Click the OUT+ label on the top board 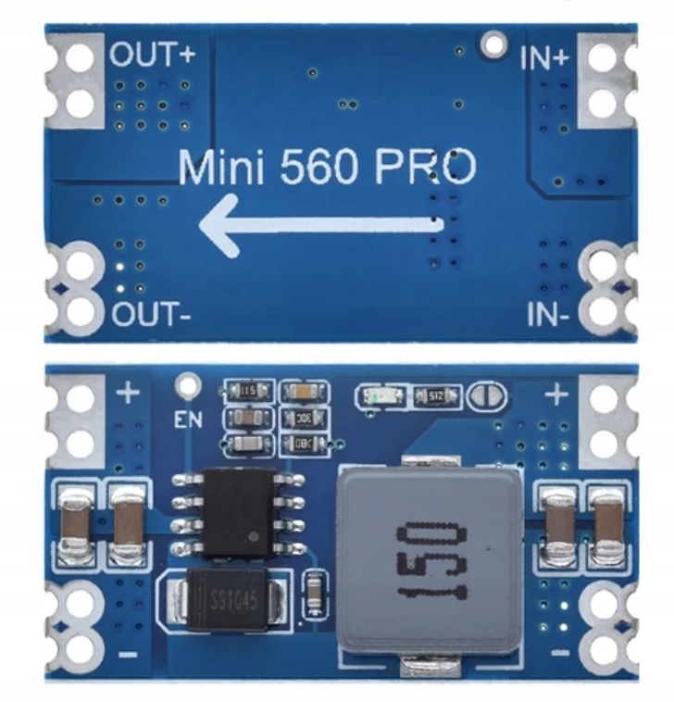153,54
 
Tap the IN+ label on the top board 545,57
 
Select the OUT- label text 152,315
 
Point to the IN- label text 549,315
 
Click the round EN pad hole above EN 189,382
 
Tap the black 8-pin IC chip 239,510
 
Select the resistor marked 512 432,397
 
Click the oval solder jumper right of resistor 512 488,397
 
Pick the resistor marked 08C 301,443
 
